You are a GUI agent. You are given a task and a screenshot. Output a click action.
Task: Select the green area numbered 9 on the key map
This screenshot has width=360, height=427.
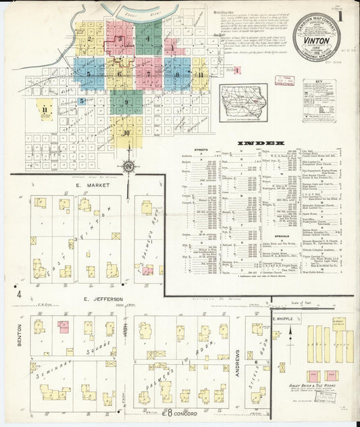[126, 102]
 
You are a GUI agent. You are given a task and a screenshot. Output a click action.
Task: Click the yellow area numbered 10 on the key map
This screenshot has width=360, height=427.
[126, 132]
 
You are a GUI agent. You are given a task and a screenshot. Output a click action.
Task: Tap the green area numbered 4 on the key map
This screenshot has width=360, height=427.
[148, 39]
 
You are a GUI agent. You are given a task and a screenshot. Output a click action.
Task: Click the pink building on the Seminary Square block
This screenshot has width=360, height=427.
[63, 327]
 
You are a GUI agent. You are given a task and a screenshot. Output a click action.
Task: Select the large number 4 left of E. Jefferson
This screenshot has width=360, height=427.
[20, 294]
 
